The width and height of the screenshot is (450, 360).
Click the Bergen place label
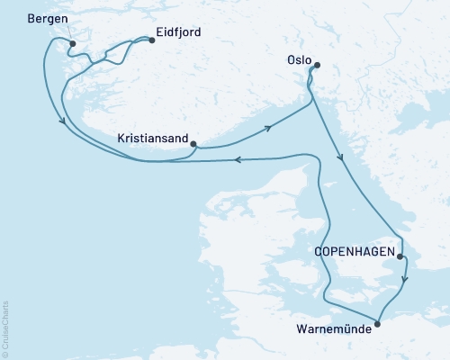pyautogui.click(x=47, y=18)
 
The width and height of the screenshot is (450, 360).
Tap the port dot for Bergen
pyautogui.click(x=73, y=43)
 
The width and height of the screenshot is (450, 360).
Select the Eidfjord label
pyautogui.click(x=178, y=32)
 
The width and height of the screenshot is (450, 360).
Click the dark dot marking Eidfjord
pyautogui.click(x=151, y=40)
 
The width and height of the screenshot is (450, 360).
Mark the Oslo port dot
pyautogui.click(x=316, y=65)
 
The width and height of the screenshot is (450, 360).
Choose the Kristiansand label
pyautogui.click(x=153, y=139)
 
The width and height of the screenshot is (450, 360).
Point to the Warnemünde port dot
pyautogui.click(x=376, y=317)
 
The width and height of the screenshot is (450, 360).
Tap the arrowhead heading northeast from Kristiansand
pyautogui.click(x=267, y=130)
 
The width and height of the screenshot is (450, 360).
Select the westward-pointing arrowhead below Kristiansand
pyautogui.click(x=239, y=160)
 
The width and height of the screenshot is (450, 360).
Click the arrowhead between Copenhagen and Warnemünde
pyautogui.click(x=405, y=278)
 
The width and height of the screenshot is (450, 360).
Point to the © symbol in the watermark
pyautogui.click(x=4, y=355)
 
